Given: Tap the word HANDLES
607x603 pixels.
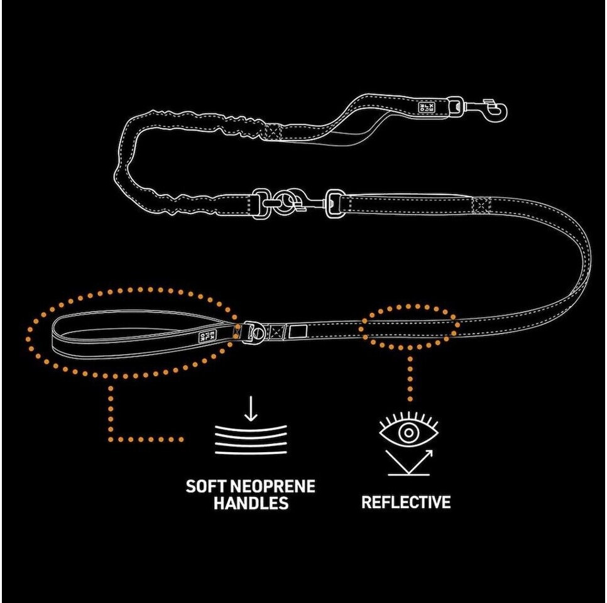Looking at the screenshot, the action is (251, 504).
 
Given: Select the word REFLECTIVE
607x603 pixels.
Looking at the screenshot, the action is (406, 503).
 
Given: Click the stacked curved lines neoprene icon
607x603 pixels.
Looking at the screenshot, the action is (251, 440).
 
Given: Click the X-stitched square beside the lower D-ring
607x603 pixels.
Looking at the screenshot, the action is (276, 330).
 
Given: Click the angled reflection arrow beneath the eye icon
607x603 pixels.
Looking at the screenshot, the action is (408, 462).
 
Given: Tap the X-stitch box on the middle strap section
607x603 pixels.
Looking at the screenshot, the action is (482, 205).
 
